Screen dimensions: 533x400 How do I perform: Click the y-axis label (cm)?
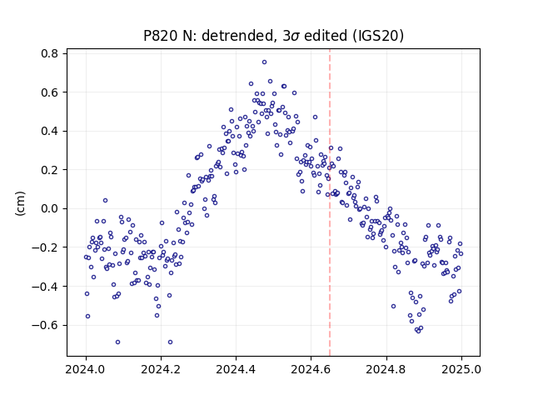20,203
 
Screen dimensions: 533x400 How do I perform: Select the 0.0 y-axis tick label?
49,208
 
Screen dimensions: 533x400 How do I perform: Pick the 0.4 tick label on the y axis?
49,131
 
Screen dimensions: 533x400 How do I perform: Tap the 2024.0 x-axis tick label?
86,369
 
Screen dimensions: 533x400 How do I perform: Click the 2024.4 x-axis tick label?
236,369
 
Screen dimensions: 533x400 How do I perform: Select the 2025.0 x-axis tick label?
461,369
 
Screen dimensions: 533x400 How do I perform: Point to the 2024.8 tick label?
386,369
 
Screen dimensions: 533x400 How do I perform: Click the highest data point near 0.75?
264,62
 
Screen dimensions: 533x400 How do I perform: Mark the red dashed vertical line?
330,202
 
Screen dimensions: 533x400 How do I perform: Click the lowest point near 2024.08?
117,342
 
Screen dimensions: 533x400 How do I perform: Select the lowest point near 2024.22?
170,342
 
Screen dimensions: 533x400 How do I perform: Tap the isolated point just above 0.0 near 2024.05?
106,201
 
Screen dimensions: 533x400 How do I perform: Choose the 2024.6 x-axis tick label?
311,369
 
